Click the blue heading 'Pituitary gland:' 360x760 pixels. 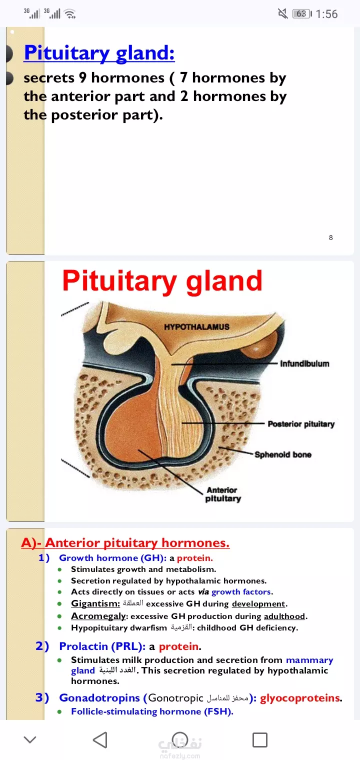point(99,53)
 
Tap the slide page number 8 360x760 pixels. point(331,237)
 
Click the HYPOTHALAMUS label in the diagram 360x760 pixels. point(197,327)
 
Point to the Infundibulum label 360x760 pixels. point(304,363)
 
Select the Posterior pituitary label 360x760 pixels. point(301,424)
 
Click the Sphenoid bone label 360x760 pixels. point(283,454)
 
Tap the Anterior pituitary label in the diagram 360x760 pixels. point(223,494)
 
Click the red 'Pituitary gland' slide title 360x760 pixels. point(162,281)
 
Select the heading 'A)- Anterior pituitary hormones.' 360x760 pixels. point(125,543)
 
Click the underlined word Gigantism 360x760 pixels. point(95,604)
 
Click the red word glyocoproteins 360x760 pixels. point(300,698)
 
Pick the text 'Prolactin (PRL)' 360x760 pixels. point(100,646)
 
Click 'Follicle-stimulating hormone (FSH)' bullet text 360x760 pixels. point(151,711)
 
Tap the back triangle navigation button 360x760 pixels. point(100,739)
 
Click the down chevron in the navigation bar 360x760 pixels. point(30,739)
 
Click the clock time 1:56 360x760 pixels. point(326,14)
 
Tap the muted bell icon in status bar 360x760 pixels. point(283,13)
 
